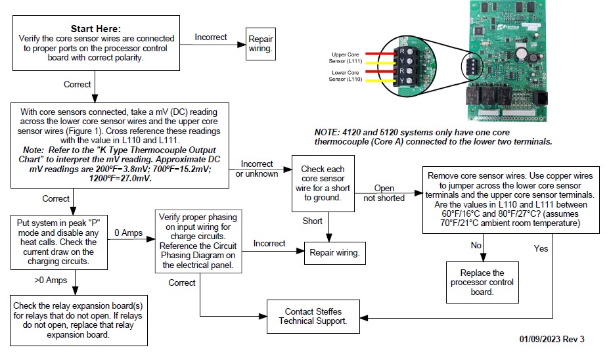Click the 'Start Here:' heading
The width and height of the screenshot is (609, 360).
click(95, 29)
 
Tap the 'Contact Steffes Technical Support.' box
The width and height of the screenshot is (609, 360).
click(313, 316)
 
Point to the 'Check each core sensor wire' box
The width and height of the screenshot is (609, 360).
click(322, 179)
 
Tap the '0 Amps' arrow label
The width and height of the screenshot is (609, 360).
click(129, 233)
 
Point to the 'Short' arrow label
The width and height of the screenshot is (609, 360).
click(312, 221)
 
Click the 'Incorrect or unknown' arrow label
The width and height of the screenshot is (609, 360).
click(258, 168)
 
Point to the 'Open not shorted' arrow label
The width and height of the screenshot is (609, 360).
click(384, 193)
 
